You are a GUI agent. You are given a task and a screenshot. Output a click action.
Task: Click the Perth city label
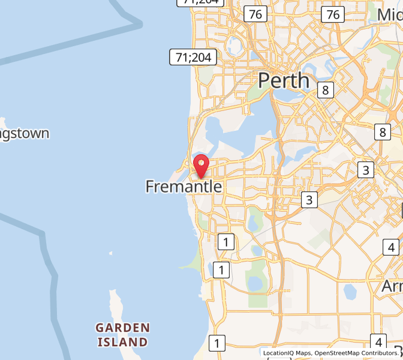[x=284, y=80]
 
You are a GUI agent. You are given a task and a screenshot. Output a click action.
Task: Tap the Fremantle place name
[x=184, y=187]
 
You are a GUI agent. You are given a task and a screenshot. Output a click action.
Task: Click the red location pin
[x=201, y=166]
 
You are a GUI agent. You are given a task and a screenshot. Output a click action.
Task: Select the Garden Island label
[x=122, y=335]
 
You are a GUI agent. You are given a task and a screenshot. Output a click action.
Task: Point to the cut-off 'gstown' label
[x=25, y=133]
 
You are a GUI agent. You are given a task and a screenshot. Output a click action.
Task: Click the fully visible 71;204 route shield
[x=193, y=57]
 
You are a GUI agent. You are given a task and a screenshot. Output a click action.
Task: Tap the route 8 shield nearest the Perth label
[x=325, y=90]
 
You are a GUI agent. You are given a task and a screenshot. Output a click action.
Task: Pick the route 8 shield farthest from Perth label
[x=382, y=132]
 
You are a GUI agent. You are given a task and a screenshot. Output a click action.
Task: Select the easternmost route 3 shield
[x=366, y=170]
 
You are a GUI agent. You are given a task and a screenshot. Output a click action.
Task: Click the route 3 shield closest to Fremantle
[x=309, y=200]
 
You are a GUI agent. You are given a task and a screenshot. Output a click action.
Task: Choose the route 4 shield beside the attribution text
[x=378, y=341]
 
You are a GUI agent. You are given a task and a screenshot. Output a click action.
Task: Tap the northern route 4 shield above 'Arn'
[x=391, y=247]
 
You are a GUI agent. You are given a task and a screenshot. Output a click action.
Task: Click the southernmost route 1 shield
[x=216, y=343]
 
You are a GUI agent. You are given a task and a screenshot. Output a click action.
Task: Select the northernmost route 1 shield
[x=225, y=242]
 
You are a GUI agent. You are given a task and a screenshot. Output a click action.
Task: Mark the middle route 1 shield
[x=221, y=270]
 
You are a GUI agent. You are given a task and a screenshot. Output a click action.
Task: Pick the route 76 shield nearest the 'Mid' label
[x=332, y=14]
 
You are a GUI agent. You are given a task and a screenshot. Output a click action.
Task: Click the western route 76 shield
[x=255, y=14]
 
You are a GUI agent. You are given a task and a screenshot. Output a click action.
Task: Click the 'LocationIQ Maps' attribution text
[x=287, y=353]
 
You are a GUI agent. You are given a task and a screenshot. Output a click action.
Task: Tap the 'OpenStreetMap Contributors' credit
[x=356, y=353]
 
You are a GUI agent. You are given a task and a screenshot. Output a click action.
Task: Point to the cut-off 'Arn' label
[x=392, y=286]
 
